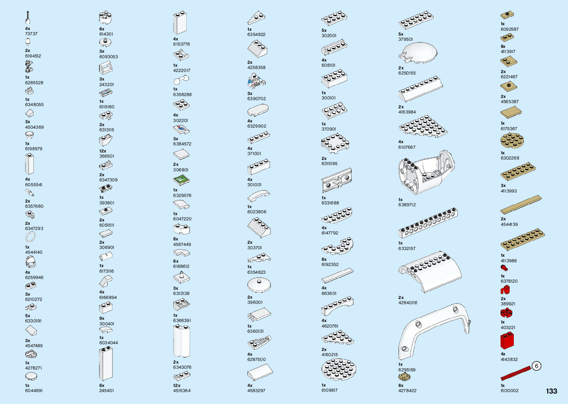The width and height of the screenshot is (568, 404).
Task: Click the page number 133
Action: click(551, 391)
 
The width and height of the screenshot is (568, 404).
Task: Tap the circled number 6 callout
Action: click(536, 366)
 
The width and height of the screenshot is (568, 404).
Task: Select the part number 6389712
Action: click(407, 205)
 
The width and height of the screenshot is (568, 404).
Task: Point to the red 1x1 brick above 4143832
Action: click(507, 341)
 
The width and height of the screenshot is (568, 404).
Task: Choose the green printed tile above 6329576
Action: click(181, 180)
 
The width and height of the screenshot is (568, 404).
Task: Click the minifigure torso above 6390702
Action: click(256, 81)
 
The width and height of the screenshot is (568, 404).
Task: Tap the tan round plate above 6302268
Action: click(512, 141)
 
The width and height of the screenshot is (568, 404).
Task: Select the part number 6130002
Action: click(509, 391)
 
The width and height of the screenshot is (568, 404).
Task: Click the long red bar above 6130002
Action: click(516, 373)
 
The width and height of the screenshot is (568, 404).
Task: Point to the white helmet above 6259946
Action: click(30, 262)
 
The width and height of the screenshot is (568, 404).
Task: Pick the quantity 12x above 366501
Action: click(102, 151)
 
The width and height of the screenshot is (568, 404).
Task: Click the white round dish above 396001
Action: click(259, 285)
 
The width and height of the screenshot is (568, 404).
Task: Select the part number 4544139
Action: click(509, 224)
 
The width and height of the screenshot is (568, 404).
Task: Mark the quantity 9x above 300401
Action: click(102, 318)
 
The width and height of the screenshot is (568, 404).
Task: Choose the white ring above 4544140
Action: click(30, 237)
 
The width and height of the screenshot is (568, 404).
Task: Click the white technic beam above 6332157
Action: click(428, 223)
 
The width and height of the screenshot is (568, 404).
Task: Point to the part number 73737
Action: click(31, 34)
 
